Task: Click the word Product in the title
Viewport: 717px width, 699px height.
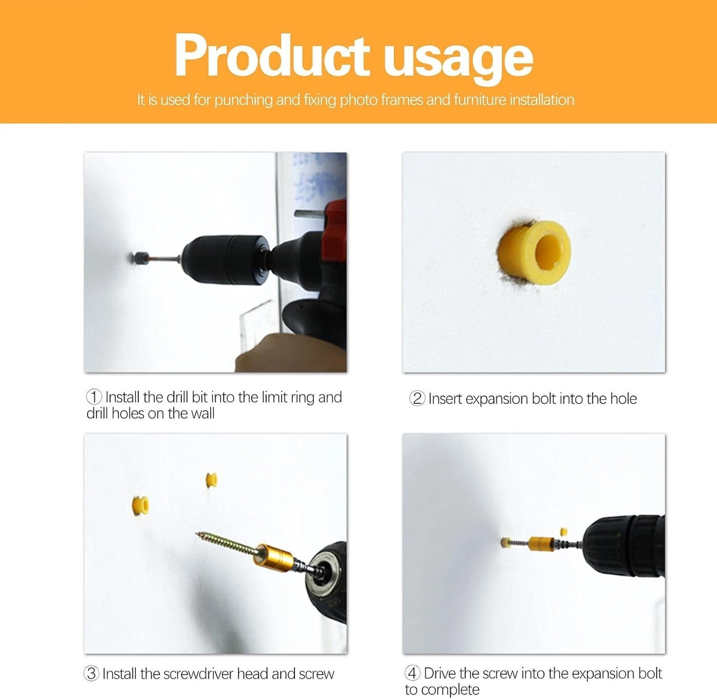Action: [271, 56]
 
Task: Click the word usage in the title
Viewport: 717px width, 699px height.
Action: [458, 59]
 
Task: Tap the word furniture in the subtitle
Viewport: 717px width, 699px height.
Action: [479, 99]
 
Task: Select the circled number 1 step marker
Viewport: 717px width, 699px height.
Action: [94, 397]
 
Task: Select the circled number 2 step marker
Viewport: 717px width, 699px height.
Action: [417, 398]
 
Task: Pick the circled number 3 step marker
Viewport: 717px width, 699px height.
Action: [91, 673]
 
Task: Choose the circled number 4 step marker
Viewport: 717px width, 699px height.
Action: [412, 673]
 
